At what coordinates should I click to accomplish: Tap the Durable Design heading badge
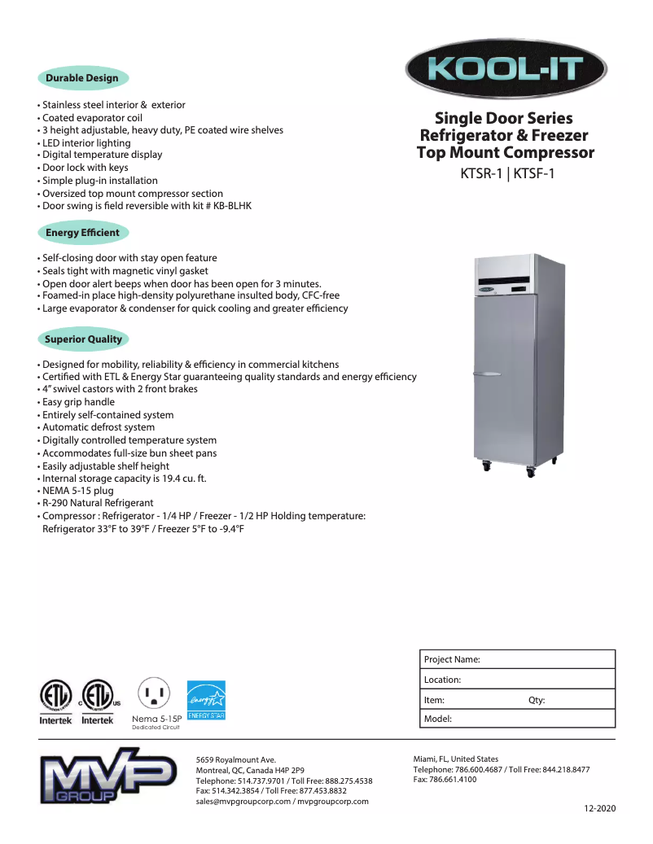coord(82,78)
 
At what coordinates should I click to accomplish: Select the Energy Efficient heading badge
coord(82,233)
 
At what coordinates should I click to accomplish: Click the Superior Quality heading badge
coord(83,339)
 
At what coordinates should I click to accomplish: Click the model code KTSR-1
coord(482,173)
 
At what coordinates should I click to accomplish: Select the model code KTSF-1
coord(534,173)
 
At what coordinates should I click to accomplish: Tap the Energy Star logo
coord(206,700)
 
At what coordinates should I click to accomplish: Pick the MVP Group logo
coord(108,779)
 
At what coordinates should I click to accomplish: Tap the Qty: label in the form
coord(537,700)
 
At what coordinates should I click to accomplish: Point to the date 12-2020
coord(600,808)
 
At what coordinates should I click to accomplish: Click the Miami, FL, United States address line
coord(456,759)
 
